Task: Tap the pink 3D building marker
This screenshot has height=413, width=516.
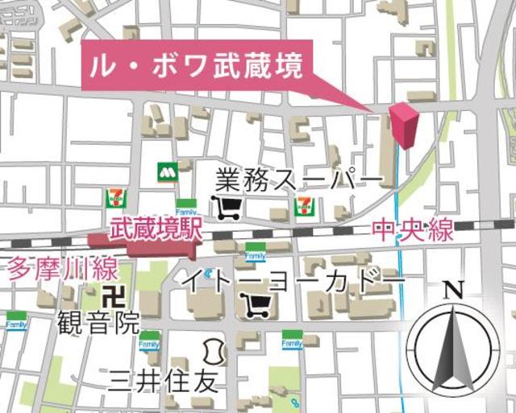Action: pos(404,126)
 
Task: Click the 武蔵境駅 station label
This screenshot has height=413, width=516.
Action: pos(156,230)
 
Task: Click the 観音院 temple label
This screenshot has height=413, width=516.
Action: pos(98,324)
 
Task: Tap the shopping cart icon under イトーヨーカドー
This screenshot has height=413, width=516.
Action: pos(256,305)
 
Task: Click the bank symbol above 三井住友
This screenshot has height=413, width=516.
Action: pos(213,352)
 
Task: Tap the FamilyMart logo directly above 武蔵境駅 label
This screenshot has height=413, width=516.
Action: pos(186,204)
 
